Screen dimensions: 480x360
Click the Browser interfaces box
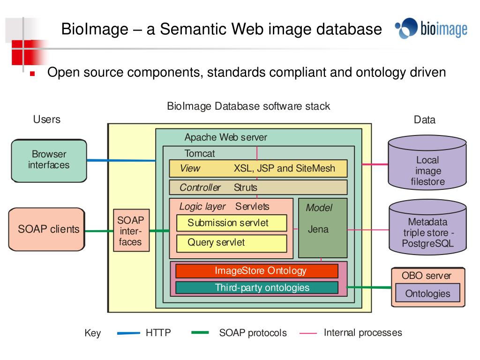pos(49,161)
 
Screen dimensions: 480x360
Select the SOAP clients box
pos(47,229)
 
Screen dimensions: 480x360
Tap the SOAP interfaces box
pos(131,231)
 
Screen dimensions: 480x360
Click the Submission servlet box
pos(232,223)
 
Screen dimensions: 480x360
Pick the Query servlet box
pos(232,243)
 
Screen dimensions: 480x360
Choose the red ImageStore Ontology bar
pos(257,271)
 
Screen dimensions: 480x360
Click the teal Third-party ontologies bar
pos(257,288)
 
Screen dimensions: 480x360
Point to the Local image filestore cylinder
pos(427,163)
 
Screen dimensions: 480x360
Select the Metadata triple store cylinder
pos(427,227)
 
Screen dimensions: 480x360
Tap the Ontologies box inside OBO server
pos(427,293)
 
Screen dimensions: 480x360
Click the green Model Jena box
pos(323,228)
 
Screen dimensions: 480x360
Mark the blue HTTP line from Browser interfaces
pos(121,160)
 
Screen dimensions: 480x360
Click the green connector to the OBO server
pos(369,287)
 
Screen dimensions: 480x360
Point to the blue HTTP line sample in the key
pos(128,333)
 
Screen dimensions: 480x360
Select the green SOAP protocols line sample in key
pos(200,332)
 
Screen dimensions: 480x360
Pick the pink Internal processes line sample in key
pos(308,333)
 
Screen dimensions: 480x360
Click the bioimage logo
pos(431,29)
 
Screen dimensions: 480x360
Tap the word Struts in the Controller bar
pos(246,187)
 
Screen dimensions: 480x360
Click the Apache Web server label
pos(225,137)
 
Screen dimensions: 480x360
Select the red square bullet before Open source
pos(32,74)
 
